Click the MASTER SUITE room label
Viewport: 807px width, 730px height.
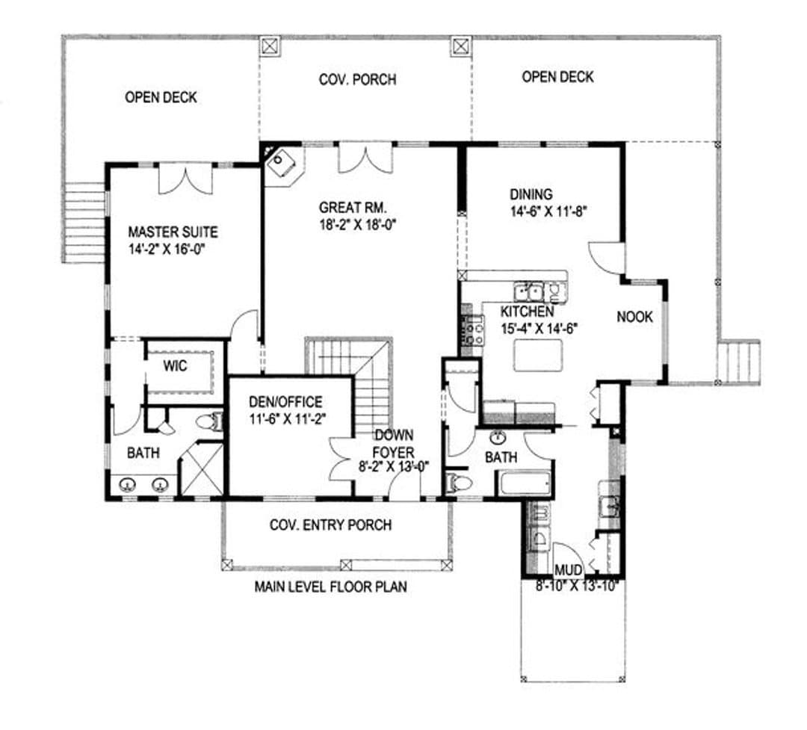click(x=173, y=232)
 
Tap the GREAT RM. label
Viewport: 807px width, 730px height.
click(x=353, y=208)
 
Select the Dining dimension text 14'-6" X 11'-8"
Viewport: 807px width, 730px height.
click(x=548, y=211)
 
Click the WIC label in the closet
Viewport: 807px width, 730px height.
click(x=175, y=366)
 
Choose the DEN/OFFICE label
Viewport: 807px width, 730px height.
click(x=285, y=401)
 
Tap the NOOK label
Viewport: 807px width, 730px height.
click(x=634, y=317)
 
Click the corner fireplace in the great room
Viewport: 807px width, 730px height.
click(x=282, y=163)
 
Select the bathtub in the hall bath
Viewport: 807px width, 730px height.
click(x=523, y=483)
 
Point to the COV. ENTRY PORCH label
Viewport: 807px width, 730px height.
click(x=330, y=525)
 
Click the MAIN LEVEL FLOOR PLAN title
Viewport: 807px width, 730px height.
click(x=330, y=587)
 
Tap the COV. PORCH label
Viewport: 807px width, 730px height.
click(x=358, y=80)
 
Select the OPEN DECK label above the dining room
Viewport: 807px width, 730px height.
click(x=557, y=77)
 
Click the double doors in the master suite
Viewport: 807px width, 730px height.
click(x=185, y=179)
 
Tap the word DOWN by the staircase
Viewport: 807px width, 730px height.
click(x=394, y=435)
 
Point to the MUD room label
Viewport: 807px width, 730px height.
click(x=568, y=570)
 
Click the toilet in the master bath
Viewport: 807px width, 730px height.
click(x=210, y=421)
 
